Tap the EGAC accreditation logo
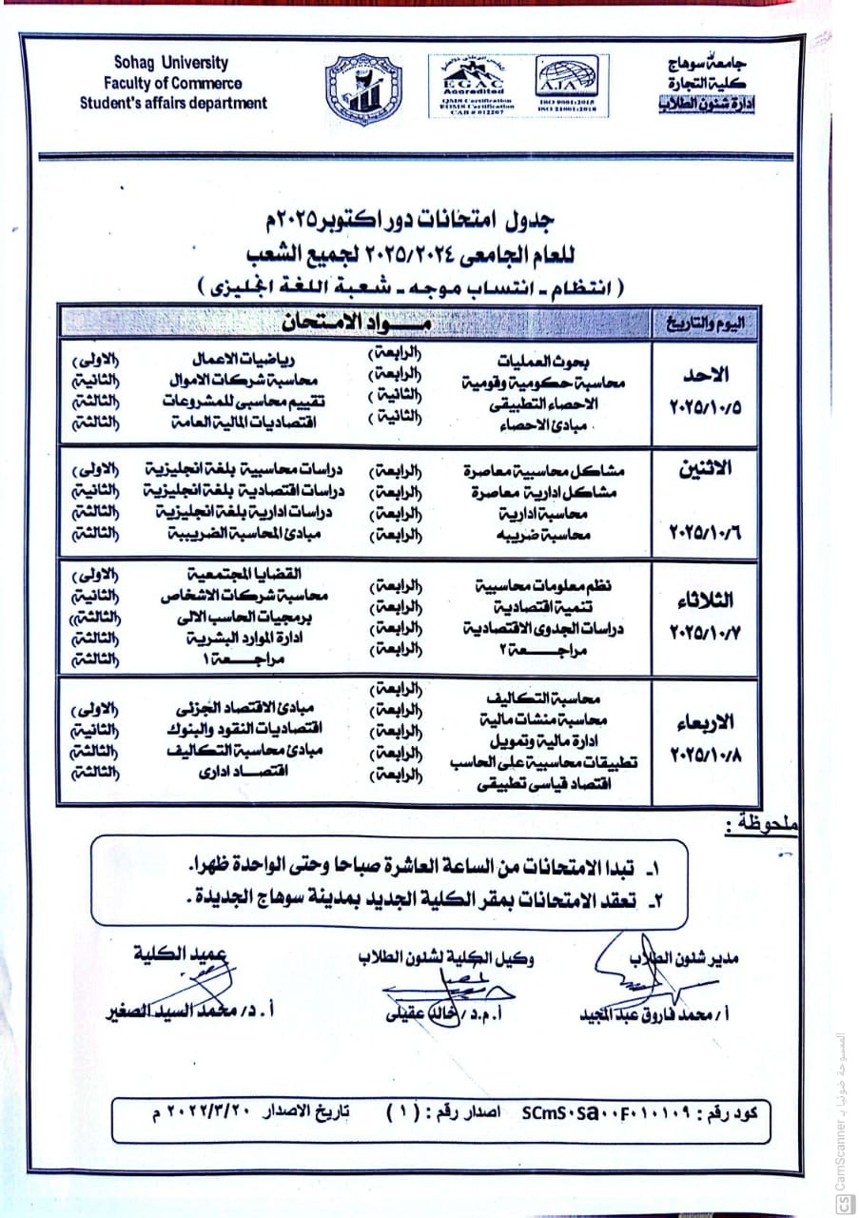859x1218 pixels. pos(472,84)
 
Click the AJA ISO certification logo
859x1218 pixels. pos(567,84)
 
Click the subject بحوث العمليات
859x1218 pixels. pos(538,363)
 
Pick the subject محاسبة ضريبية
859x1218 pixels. pos(550,535)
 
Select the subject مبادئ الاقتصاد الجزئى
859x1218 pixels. pos(246,709)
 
